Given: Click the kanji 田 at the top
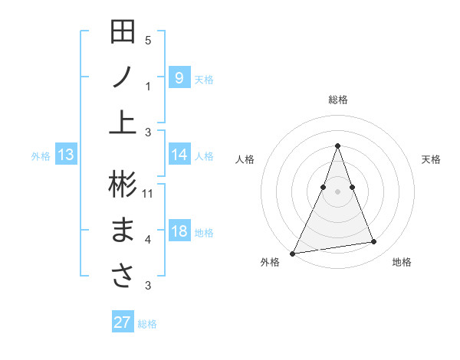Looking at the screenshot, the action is [x=123, y=32].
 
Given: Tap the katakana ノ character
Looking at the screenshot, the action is [x=123, y=79].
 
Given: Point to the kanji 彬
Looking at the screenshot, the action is [x=123, y=185].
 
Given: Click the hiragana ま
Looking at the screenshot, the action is [x=123, y=231].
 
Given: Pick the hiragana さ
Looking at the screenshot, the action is [x=123, y=277].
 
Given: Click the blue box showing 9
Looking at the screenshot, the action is [x=179, y=77].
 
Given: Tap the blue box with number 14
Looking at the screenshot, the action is [x=179, y=155].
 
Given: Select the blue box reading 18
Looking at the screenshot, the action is [x=179, y=231].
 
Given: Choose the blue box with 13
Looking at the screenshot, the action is [x=66, y=155].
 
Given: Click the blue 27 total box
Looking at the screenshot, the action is [x=123, y=322].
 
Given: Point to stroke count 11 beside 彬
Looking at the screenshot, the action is [x=148, y=193].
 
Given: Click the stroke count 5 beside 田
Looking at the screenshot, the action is [x=148, y=41].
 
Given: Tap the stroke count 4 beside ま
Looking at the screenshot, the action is [x=148, y=240].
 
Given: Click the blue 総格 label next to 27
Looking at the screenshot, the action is [x=147, y=324].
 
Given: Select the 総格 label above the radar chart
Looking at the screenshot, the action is [x=337, y=100].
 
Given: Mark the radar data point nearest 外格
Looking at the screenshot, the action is [x=293, y=253].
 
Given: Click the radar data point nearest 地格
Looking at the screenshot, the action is [x=374, y=242].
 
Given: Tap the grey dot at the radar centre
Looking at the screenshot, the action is [x=337, y=191].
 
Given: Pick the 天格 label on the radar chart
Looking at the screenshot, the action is [x=431, y=159].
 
